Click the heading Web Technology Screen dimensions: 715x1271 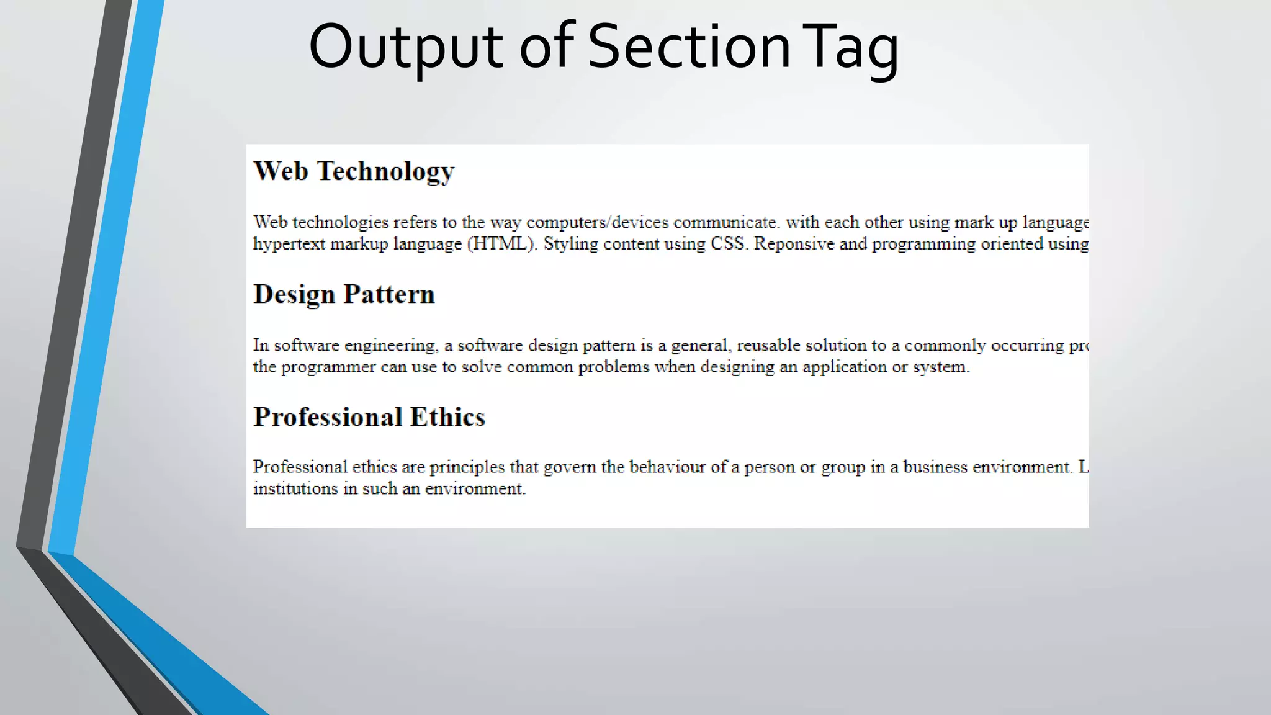[x=354, y=171]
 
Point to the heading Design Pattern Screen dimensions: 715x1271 [x=344, y=294]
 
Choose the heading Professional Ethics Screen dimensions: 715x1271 [x=369, y=417]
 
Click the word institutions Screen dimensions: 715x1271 [x=295, y=489]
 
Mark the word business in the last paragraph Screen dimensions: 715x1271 [x=935, y=467]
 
